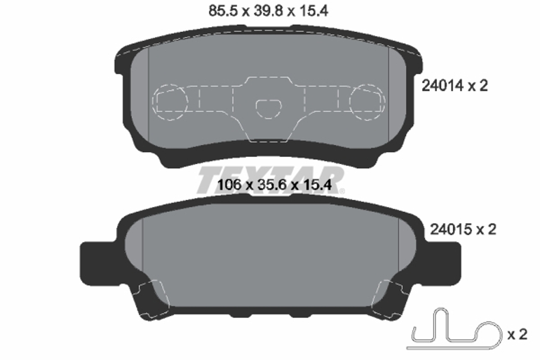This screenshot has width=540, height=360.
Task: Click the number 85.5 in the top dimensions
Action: click(220, 10)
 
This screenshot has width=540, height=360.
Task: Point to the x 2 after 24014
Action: click(477, 85)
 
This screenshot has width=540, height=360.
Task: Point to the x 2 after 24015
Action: click(485, 229)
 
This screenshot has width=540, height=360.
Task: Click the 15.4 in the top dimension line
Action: click(314, 10)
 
